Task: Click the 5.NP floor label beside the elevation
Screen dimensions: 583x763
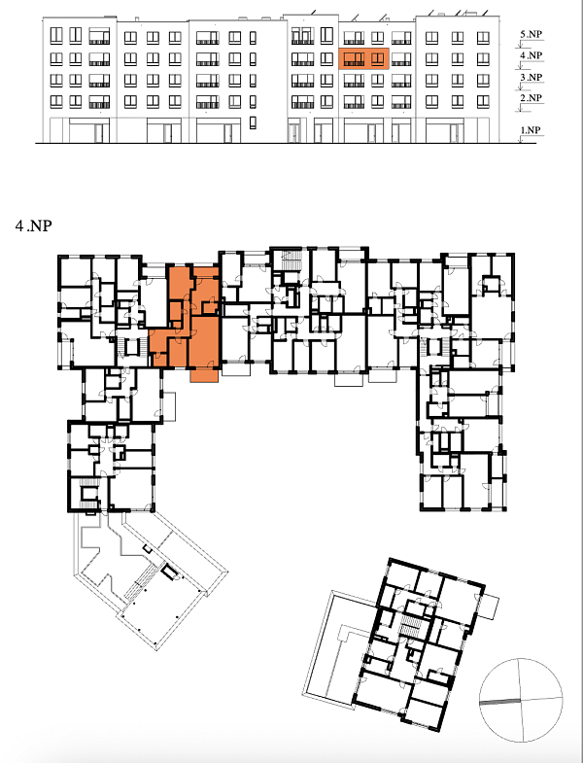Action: (531, 35)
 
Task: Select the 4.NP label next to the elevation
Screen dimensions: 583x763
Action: (531, 55)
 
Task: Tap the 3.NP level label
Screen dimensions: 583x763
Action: (531, 78)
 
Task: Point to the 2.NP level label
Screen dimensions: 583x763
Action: (531, 98)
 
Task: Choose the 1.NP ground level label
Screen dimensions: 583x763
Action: (531, 130)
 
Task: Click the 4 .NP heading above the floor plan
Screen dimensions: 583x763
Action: (34, 225)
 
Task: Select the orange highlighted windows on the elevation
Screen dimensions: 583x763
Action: (364, 59)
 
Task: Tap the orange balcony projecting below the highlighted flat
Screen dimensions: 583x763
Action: (204, 374)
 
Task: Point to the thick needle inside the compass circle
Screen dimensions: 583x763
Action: (499, 702)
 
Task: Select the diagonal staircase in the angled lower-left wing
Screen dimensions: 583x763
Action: (142, 580)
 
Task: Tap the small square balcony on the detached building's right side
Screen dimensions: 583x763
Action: (489, 606)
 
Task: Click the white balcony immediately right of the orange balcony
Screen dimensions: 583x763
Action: (236, 369)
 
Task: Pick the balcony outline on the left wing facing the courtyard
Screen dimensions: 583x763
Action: (168, 407)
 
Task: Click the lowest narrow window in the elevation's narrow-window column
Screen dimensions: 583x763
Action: (253, 123)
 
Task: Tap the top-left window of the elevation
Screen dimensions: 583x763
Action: (56, 36)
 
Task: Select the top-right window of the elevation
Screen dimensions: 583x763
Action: (483, 38)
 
